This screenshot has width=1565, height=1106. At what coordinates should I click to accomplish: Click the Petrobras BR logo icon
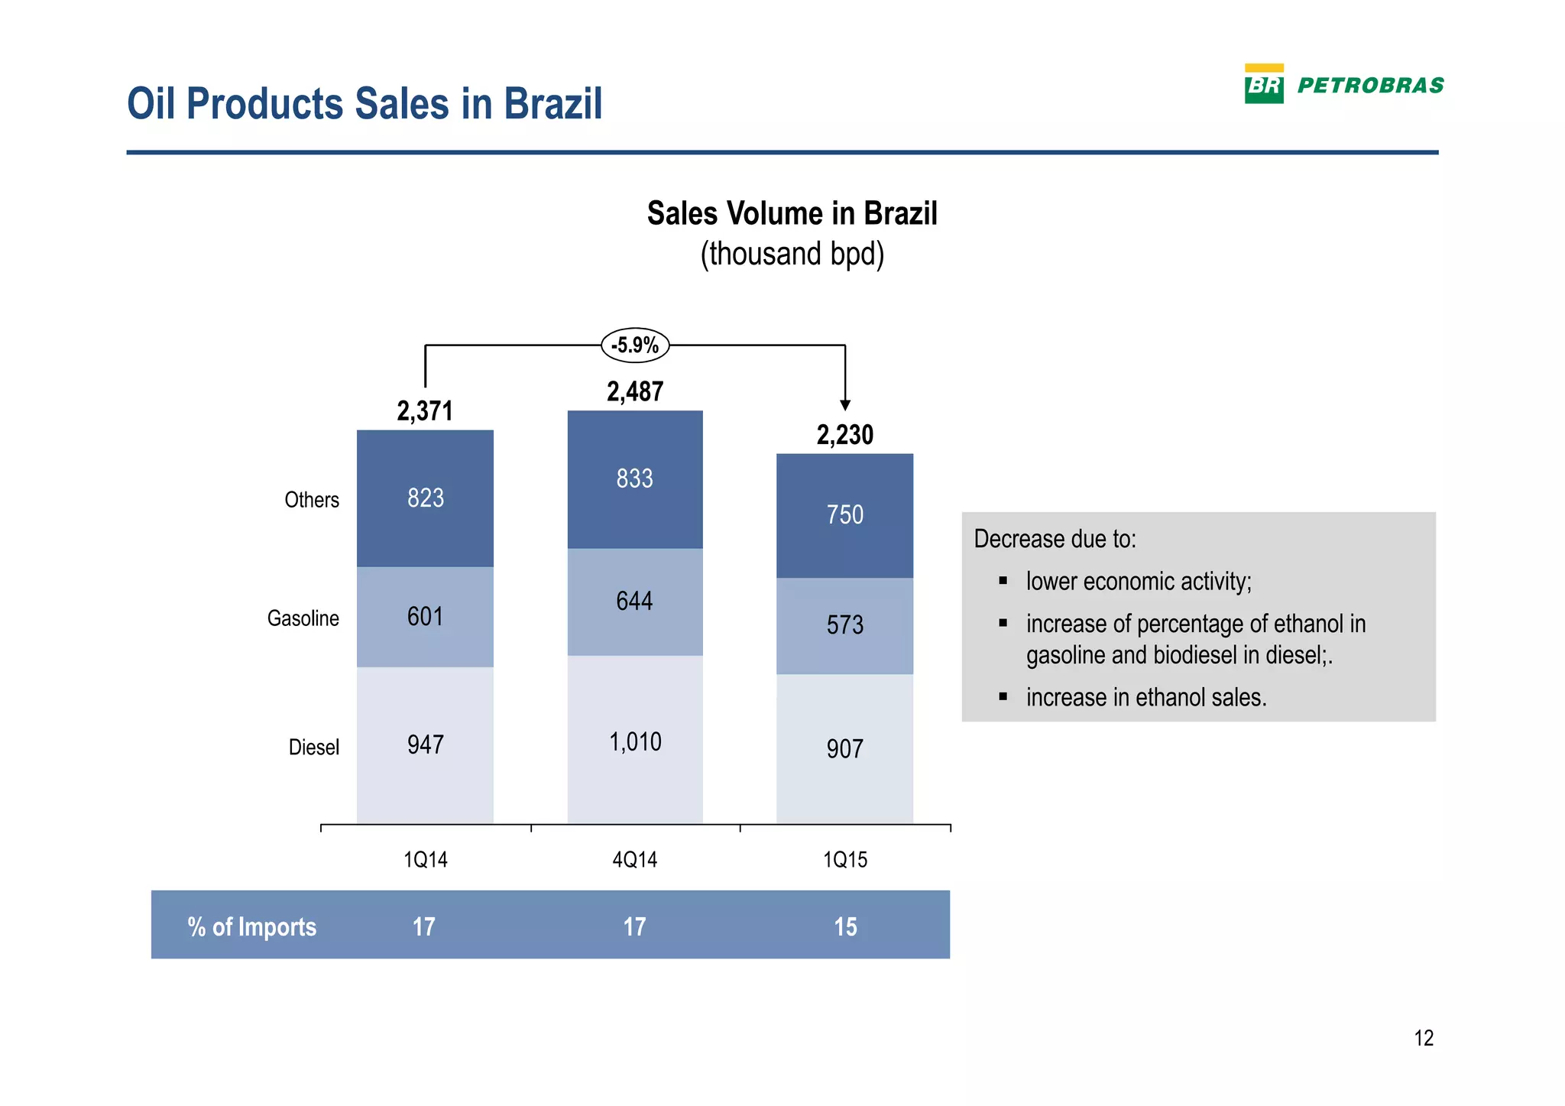tap(1264, 84)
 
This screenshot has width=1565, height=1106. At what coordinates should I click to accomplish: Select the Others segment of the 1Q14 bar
tap(425, 498)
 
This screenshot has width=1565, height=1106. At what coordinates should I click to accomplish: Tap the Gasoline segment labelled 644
tap(634, 602)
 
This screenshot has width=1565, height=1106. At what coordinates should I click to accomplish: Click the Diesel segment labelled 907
tap(844, 748)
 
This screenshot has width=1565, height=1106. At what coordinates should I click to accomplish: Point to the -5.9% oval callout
tap(635, 345)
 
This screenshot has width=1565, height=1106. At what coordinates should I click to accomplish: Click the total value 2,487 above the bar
tap(635, 392)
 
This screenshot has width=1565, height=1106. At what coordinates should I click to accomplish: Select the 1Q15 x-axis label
tap(844, 860)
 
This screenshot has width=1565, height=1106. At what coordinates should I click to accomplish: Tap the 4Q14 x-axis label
tap(635, 860)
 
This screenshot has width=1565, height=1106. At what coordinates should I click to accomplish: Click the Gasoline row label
tap(303, 618)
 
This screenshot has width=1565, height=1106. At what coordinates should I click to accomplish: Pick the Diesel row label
tap(313, 747)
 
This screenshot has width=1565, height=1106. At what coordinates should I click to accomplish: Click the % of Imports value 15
tap(845, 926)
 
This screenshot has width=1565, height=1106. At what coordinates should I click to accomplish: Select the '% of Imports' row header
tap(251, 926)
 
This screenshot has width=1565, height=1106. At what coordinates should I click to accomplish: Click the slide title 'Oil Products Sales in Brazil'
tap(365, 104)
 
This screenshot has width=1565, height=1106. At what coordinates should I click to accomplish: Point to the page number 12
tap(1424, 1038)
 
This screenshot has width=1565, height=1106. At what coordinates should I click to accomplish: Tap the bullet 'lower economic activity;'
tap(1139, 582)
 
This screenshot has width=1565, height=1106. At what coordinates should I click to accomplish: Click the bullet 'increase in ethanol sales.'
tap(1146, 697)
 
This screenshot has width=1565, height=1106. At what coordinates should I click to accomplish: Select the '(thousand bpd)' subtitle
tap(792, 255)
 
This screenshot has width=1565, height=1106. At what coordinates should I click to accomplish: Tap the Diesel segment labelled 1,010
tap(634, 741)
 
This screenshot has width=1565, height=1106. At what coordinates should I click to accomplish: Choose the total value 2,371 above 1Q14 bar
tap(425, 411)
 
